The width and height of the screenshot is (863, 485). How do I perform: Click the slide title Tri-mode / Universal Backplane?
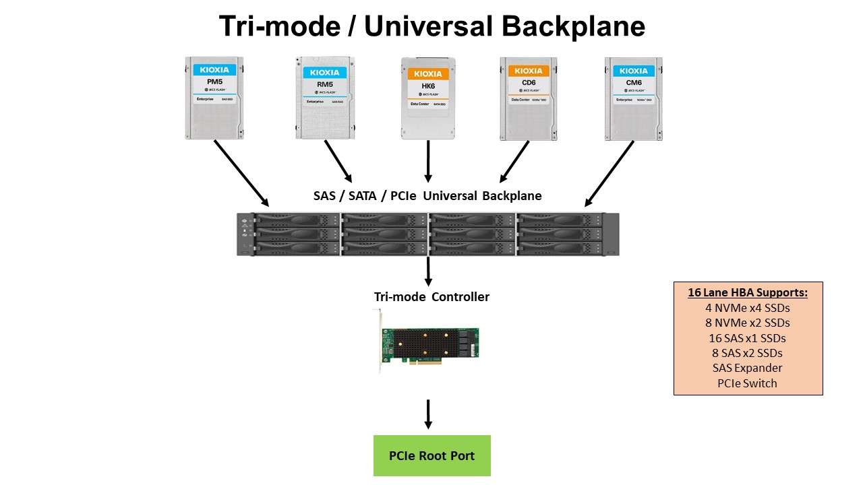[431, 27]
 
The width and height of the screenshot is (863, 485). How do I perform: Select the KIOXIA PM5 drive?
[214, 98]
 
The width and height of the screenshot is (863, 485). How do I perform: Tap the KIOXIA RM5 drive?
[324, 98]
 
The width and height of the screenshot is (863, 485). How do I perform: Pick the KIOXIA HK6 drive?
[428, 98]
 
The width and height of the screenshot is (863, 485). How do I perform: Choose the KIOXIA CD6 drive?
[529, 98]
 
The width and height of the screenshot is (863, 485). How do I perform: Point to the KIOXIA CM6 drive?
[633, 98]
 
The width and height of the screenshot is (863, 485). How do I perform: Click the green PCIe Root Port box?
[432, 456]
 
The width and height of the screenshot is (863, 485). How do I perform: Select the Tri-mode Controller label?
[431, 297]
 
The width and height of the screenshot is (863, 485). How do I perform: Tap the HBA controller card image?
[429, 344]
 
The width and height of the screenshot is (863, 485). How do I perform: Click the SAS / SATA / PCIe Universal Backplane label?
[427, 196]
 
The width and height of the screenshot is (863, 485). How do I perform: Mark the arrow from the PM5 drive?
[241, 172]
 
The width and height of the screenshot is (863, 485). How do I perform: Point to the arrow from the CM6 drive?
[609, 173]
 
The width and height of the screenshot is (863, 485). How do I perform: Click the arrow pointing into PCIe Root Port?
[428, 414]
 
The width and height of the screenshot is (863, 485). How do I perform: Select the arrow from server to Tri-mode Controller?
[428, 271]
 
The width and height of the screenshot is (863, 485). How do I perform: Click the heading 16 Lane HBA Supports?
[747, 292]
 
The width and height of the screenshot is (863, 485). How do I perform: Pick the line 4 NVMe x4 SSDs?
[747, 308]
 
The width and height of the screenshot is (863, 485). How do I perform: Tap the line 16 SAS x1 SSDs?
[747, 338]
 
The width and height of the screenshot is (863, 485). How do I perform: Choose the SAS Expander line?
[747, 368]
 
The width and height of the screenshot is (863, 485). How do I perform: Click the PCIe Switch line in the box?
[747, 383]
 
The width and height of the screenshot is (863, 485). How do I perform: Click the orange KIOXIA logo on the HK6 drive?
[428, 73]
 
